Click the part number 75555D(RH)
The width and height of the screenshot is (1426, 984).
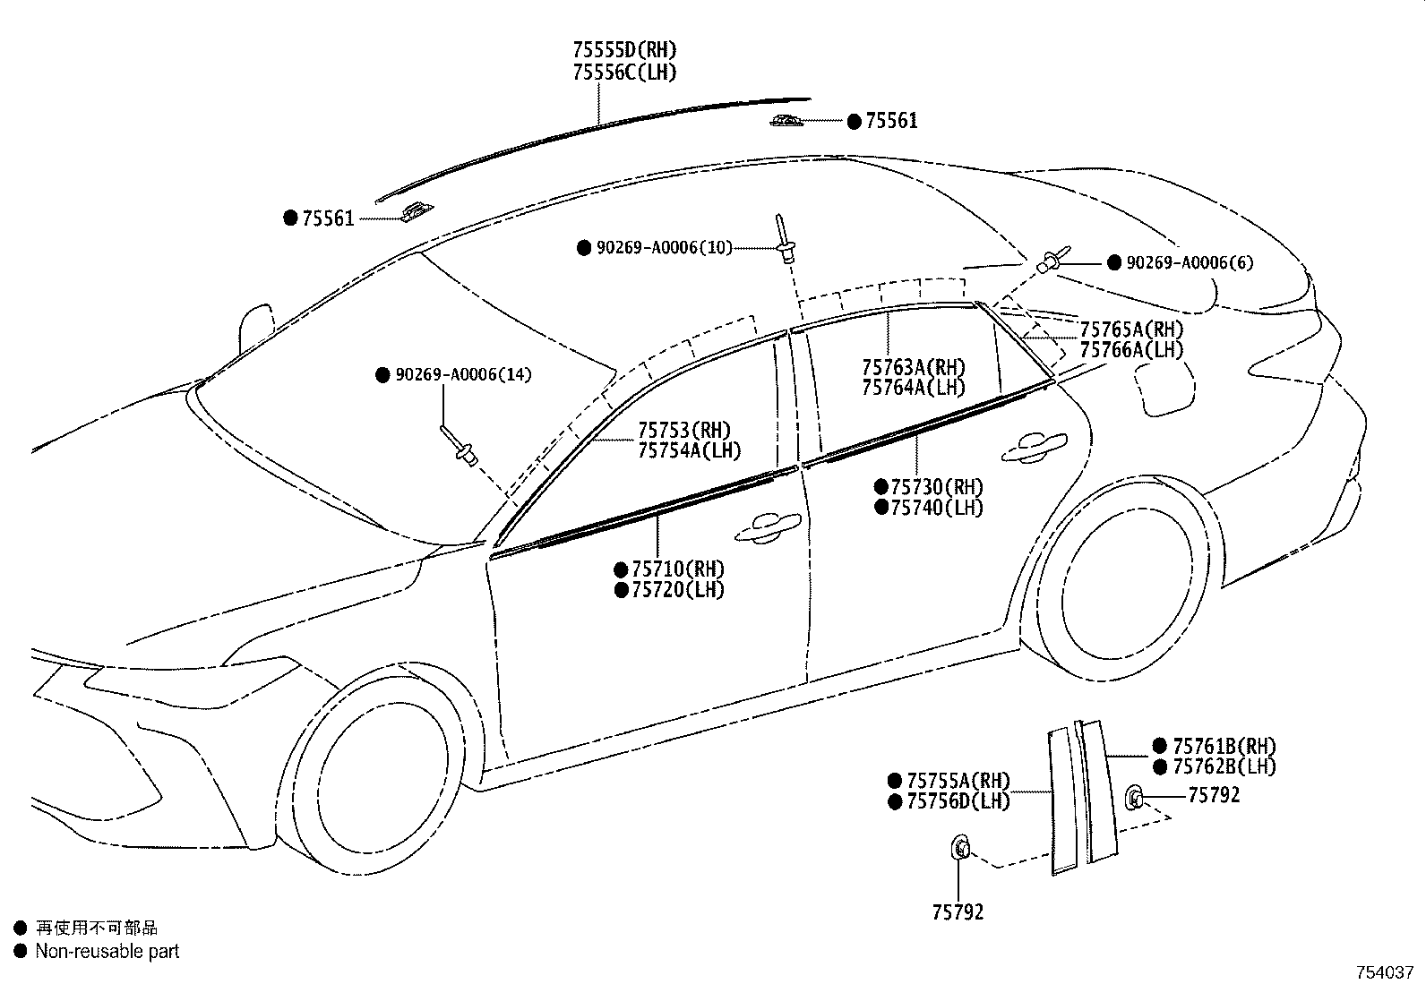(624, 49)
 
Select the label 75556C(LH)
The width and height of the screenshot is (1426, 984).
(624, 72)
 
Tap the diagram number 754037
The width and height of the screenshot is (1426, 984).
(1385, 972)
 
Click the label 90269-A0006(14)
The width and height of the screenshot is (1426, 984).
(463, 374)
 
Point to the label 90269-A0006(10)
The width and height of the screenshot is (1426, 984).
(665, 248)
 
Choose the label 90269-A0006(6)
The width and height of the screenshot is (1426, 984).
(1190, 263)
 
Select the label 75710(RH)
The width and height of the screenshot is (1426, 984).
(678, 569)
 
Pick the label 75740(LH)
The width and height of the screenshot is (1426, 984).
(937, 508)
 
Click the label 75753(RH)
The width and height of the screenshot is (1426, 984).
(684, 431)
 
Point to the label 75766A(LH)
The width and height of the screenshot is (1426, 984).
(1132, 349)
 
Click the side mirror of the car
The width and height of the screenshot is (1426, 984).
(256, 329)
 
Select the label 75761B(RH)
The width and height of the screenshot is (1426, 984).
(1224, 746)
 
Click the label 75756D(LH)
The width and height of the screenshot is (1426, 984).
(958, 800)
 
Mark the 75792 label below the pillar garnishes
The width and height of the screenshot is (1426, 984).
(958, 912)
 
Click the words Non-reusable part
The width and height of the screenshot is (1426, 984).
(107, 951)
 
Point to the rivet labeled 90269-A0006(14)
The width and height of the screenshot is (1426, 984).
(459, 446)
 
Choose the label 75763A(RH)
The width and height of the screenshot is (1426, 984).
(914, 367)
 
